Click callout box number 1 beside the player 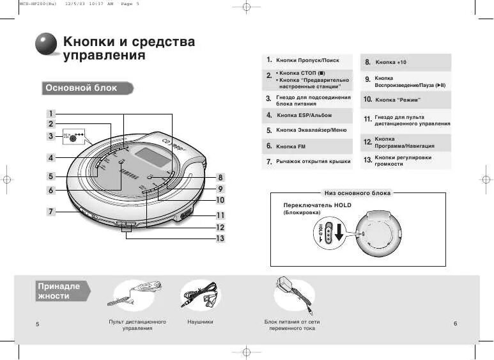coord(50,114)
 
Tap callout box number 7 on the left coord(50,211)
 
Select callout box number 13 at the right coord(220,238)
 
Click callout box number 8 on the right coord(220,177)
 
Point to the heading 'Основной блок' coord(81,88)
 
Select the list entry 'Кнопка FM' coord(291,146)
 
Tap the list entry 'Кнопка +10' coord(390,62)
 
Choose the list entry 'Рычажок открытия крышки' coord(313,162)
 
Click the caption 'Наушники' coord(201,322)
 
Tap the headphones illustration coord(201,295)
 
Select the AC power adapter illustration coord(293,293)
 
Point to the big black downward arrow coord(339,235)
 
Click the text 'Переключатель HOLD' coord(317,205)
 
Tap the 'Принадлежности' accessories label coord(59,291)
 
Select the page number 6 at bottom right coord(455,324)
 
